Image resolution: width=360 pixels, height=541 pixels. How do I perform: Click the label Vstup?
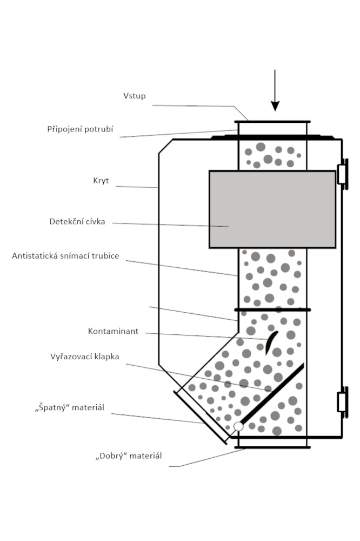point(135,96)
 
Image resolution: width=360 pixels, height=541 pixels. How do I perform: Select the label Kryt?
point(101,181)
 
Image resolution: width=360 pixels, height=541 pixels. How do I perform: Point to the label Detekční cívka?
point(77,221)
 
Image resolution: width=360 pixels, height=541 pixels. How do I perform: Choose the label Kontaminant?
point(114,331)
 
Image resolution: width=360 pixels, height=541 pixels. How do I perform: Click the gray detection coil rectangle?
point(272,209)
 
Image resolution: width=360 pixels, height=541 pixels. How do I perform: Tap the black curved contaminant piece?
point(272,341)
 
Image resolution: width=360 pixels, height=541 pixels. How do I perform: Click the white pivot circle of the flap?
point(238,426)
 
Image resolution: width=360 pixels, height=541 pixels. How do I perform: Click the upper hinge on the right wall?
point(342,174)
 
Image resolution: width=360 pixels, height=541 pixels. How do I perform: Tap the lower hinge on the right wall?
point(342,402)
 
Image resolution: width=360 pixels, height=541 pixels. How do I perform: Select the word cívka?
point(94,221)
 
